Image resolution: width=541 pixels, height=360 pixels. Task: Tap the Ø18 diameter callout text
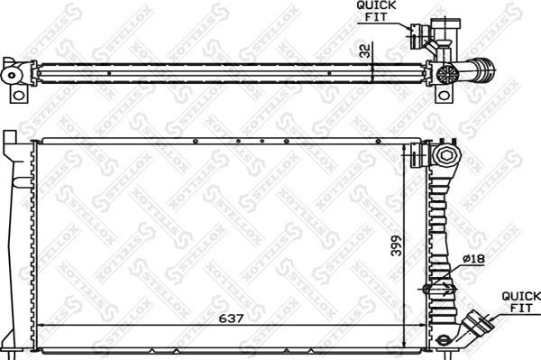click(x=473, y=261)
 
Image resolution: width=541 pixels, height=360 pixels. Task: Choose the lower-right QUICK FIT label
click(x=521, y=301)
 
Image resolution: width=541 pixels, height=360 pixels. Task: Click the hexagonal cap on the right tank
click(x=445, y=159)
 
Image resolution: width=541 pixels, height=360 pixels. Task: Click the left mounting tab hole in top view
click(x=15, y=93)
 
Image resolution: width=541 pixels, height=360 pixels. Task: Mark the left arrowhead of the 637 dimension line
click(x=38, y=326)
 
